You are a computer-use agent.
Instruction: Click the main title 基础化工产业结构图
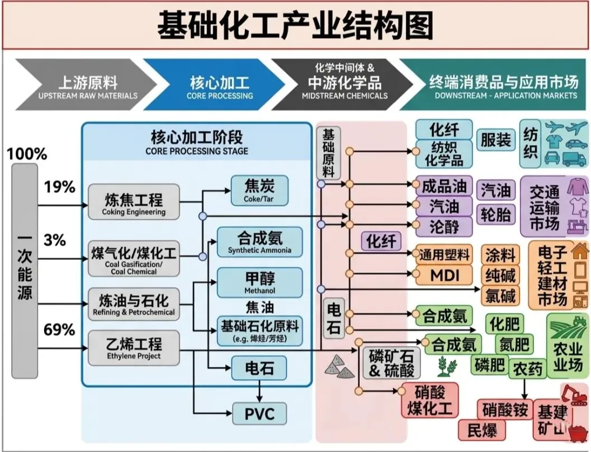point(295,26)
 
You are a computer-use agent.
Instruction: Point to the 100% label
point(27,153)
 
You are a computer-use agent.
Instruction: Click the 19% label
point(59,187)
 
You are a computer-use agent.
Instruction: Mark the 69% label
point(59,329)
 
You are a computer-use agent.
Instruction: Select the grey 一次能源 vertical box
point(25,270)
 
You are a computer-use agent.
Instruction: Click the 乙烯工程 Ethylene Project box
point(134,346)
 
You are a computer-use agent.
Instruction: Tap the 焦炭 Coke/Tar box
point(259,190)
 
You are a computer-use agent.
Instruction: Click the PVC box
point(259,414)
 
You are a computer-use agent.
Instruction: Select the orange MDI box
point(445,275)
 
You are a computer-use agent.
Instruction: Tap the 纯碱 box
point(500,275)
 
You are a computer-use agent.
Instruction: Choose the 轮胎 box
point(495,215)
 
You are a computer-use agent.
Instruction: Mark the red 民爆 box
point(478,430)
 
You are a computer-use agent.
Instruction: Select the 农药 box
point(528,369)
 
